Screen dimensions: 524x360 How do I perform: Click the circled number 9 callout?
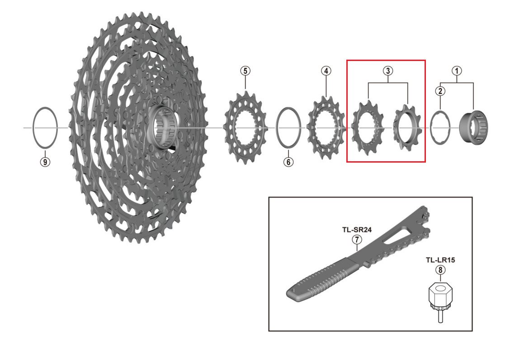click(45, 162)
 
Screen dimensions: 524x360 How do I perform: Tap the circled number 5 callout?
click(245, 71)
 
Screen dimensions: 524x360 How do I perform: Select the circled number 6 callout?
click(288, 162)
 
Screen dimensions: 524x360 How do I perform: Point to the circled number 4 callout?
click(326, 71)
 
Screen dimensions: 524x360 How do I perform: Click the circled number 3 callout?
click(387, 71)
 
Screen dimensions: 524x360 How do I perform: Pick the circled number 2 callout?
click(440, 91)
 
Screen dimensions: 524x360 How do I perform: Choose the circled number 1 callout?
click(457, 71)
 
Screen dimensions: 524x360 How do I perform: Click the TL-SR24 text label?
click(357, 230)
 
